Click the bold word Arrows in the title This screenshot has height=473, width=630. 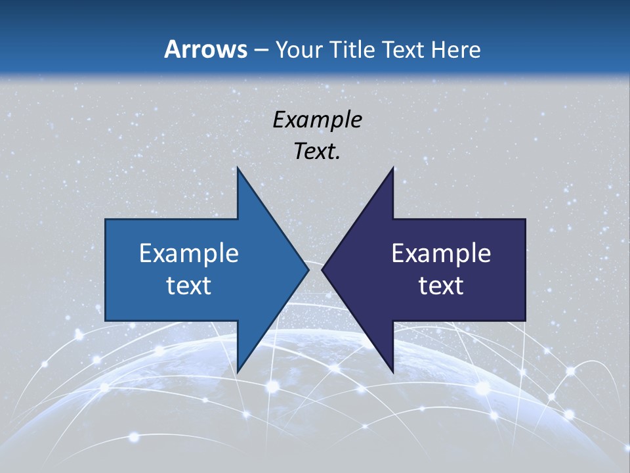coord(205,49)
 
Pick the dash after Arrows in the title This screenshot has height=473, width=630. coord(261,50)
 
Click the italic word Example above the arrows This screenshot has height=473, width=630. coord(317,120)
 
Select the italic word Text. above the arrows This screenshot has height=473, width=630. coord(317,151)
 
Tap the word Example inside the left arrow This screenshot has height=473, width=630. coord(189,254)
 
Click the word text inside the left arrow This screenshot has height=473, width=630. coord(189,285)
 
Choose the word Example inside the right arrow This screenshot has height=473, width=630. coord(441,254)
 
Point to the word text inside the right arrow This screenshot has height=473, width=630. coord(441,285)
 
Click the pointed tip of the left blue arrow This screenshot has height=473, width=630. coord(308,269)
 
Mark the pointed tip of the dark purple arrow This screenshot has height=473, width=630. coord(322,269)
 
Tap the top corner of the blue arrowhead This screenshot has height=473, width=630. coord(238,167)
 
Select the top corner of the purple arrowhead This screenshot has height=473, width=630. coord(393,167)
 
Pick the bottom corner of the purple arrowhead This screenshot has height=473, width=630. coord(393,372)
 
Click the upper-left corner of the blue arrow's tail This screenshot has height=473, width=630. coord(106,219)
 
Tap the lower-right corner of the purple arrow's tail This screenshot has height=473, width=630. coord(525,321)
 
